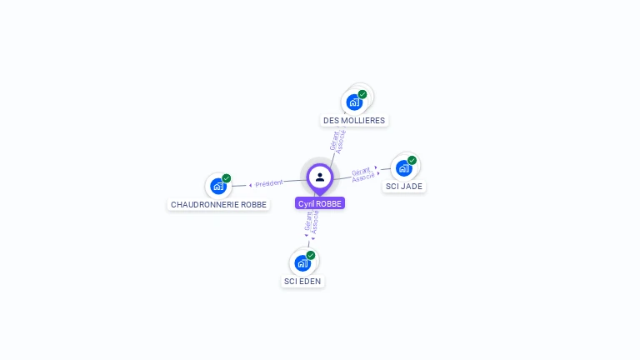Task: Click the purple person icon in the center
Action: click(320, 177)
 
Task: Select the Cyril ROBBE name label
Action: click(320, 203)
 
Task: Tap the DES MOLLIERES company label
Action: click(354, 121)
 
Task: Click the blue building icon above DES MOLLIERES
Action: click(354, 102)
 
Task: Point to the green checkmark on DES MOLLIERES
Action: click(362, 94)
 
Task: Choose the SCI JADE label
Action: click(404, 187)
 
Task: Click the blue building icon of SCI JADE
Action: click(404, 168)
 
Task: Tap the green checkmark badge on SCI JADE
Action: click(412, 160)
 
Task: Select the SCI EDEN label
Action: click(302, 282)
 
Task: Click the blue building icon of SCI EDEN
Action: click(302, 263)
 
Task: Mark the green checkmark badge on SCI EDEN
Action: click(311, 255)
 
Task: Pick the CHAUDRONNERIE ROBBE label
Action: click(218, 205)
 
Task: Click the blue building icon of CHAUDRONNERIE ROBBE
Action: click(218, 187)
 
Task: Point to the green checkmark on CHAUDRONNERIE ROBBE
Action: click(227, 178)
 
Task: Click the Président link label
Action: click(269, 183)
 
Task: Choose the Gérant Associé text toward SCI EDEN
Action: click(312, 221)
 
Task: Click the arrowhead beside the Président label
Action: click(250, 185)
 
